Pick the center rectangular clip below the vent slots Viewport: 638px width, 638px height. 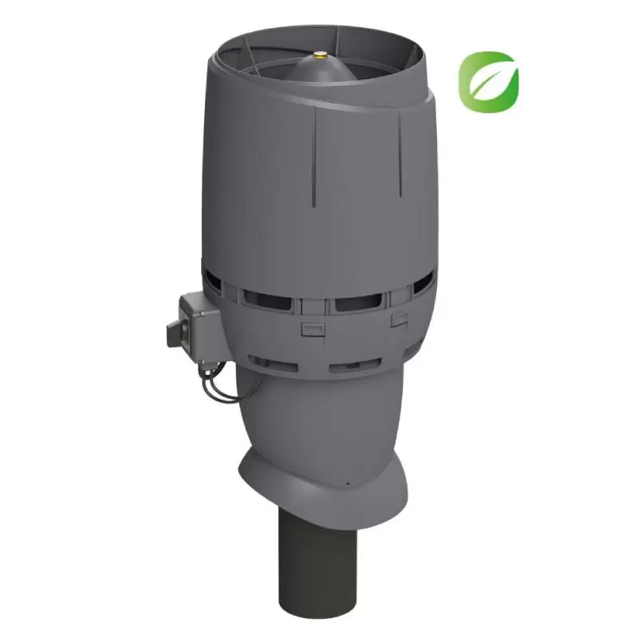tap(310, 329)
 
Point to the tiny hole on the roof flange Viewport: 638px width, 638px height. tap(348, 482)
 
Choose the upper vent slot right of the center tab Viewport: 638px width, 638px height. tap(359, 304)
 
